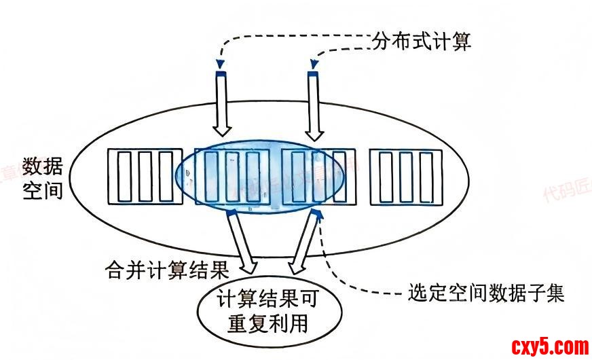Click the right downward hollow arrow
click(314, 105)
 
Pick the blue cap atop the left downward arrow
click(221, 73)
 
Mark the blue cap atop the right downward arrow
click(313, 73)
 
